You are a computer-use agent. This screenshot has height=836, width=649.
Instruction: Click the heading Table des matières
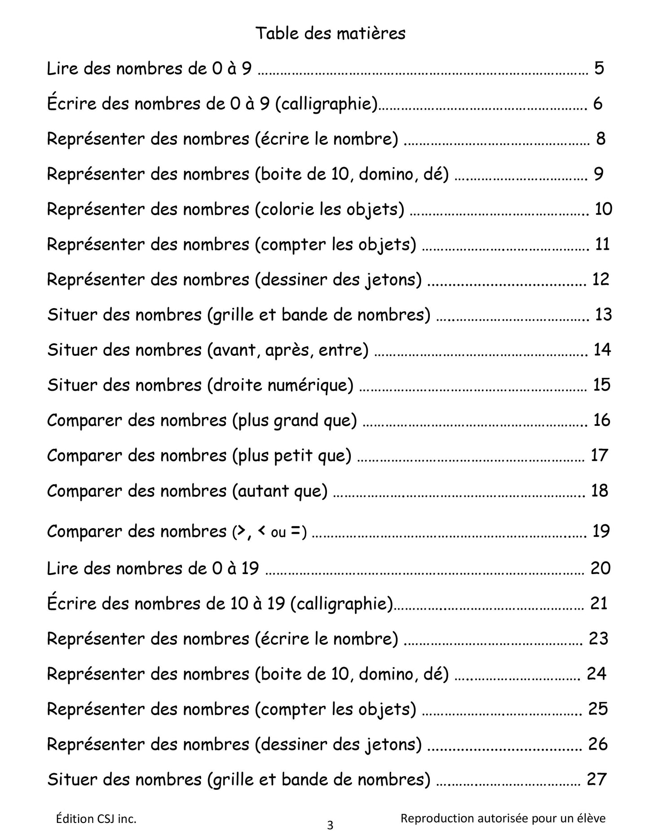pos(330,34)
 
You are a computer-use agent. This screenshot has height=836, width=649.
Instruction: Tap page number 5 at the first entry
pos(599,68)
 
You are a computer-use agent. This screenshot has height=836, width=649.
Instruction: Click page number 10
pos(603,209)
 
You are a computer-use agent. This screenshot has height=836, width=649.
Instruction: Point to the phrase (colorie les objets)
pos(330,209)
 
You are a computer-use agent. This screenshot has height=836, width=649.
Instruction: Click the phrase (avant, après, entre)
pos(288,350)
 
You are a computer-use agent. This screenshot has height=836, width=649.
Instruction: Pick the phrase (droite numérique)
pos(281,385)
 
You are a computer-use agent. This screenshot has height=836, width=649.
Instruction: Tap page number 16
pos(602,420)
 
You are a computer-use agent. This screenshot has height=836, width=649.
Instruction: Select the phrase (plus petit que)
pos(292,456)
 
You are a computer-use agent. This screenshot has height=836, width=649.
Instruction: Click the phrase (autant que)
pos(280,491)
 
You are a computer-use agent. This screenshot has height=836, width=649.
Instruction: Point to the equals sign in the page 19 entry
pos(295,531)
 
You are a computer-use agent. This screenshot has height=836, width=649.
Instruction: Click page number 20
pos(600,568)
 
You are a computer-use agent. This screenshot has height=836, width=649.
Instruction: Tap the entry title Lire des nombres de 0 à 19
pos(153,569)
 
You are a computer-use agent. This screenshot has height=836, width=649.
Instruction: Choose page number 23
pos(598,638)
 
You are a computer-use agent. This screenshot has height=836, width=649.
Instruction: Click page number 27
pos(597,779)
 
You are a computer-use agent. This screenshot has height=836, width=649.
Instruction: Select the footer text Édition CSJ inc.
pos(96,819)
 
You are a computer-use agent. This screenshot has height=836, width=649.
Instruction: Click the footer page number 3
pos(330,826)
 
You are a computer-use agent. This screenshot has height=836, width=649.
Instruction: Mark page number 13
pos(603,314)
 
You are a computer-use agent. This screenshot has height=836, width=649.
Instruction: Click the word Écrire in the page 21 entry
pos(71,603)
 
